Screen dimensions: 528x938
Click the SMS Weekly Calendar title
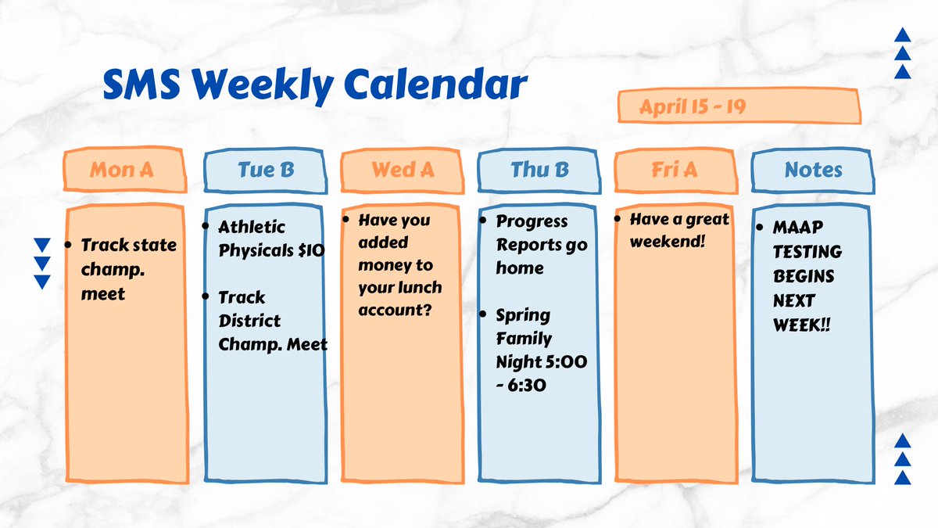pos(314,84)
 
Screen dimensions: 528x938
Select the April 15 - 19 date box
pos(739,106)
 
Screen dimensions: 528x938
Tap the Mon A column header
pos(124,170)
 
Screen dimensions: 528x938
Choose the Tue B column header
pos(265,170)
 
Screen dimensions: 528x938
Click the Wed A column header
pos(403,170)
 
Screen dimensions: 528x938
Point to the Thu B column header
pos(539,170)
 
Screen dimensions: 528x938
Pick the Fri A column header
pos(675,170)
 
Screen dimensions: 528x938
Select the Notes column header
pos(813,170)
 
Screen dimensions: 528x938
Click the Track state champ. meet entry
pos(128,269)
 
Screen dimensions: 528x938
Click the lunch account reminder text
pos(399,265)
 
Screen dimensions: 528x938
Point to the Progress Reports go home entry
pos(540,244)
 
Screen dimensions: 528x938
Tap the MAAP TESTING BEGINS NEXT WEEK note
pos(807,275)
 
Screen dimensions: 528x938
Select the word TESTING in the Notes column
pos(807,252)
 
